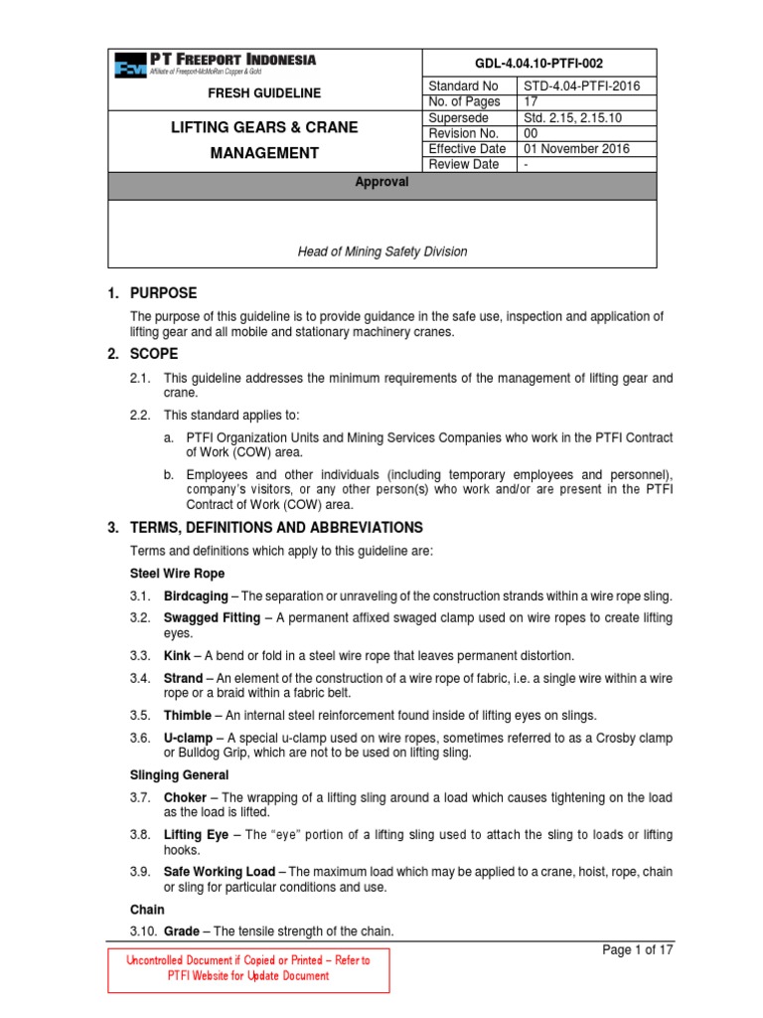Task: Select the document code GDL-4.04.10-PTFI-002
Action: (x=540, y=61)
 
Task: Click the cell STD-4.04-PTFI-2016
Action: (x=582, y=86)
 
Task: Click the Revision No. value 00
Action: (x=532, y=133)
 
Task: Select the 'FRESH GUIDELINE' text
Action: (x=264, y=93)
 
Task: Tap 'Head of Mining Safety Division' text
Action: (x=382, y=252)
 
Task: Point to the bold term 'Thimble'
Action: (x=188, y=715)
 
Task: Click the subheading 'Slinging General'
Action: (x=180, y=774)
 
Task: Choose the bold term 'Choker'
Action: (x=185, y=797)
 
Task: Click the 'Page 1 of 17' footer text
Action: (x=638, y=949)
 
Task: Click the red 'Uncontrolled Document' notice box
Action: (x=247, y=968)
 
